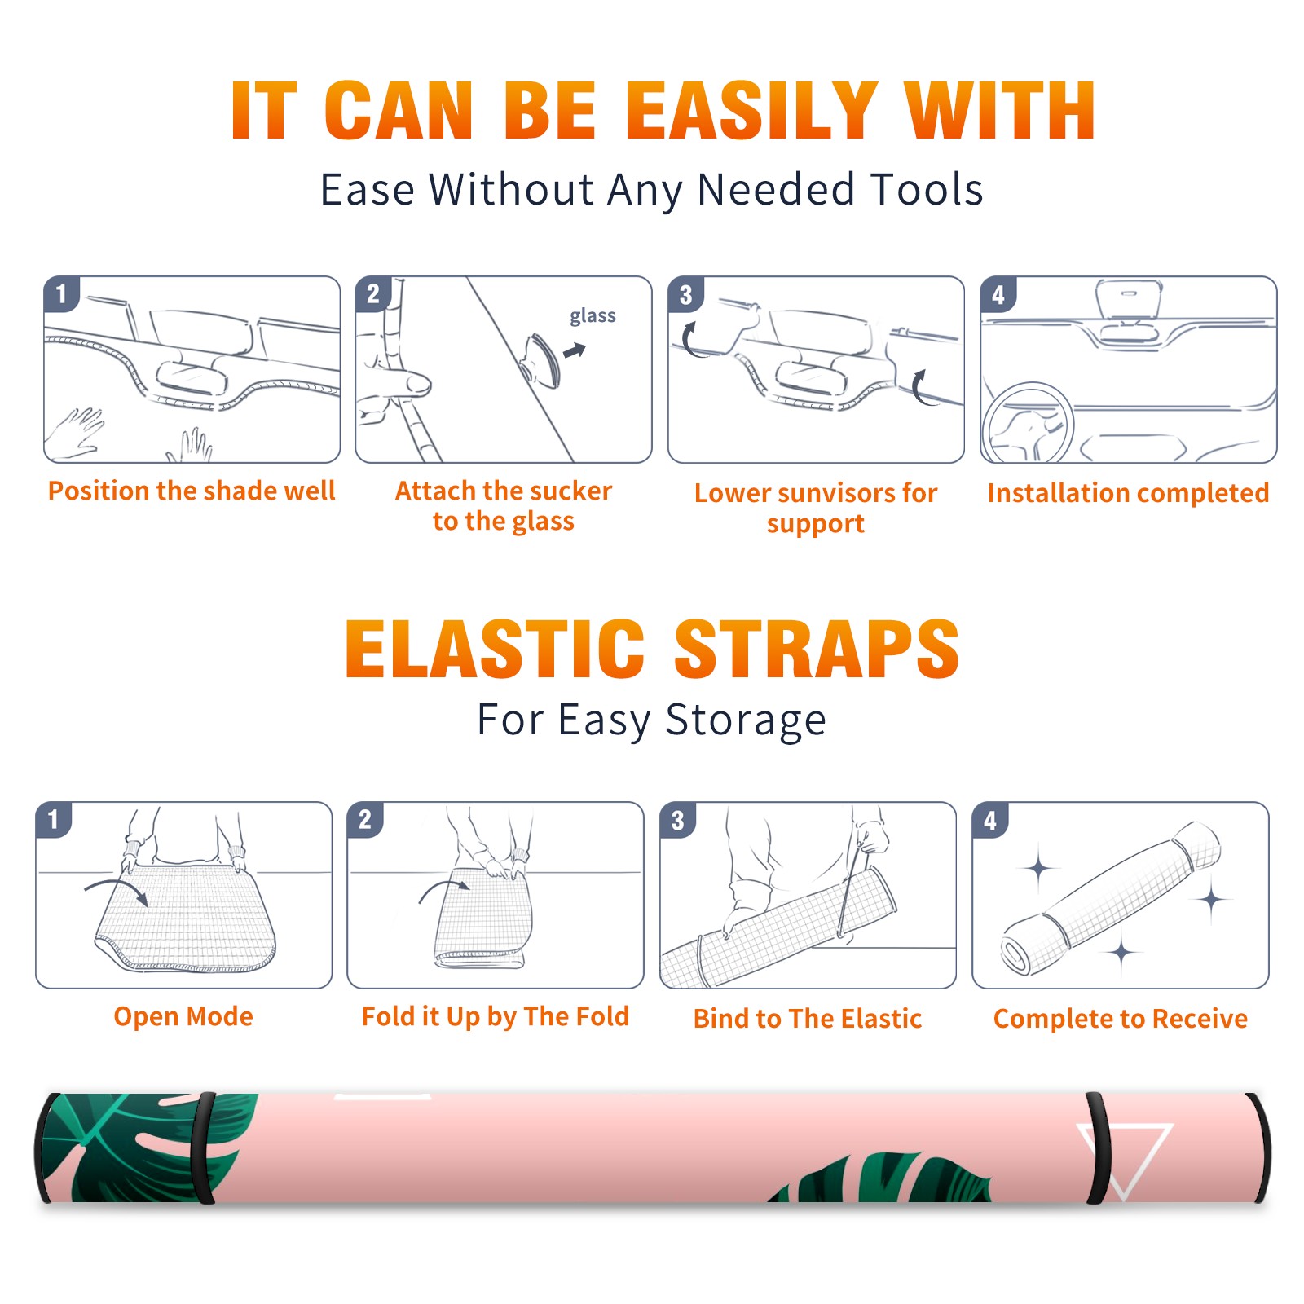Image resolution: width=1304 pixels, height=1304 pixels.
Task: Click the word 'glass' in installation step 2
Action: coord(593,316)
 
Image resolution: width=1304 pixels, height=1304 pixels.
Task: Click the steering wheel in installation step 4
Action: coord(1029,424)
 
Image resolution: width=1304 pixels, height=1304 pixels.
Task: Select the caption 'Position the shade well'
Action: coord(192,491)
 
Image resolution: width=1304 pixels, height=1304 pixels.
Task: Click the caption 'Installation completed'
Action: coord(1128,492)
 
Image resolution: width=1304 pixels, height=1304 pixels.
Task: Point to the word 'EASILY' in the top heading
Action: coord(751,111)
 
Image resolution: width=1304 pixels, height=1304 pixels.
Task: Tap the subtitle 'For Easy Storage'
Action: coord(651,720)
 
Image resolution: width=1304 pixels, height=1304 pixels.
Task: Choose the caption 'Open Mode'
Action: coord(183,1016)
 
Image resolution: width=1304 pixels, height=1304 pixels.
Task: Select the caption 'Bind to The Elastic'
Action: coord(808,1018)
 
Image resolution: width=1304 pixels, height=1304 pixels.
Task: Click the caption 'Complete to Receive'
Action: coord(1121,1019)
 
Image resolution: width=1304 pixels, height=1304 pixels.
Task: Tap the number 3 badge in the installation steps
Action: coord(686,294)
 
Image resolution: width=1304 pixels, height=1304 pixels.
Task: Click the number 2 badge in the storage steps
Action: coord(365,819)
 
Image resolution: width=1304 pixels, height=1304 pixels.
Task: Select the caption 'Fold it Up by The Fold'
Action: coord(496,1016)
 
